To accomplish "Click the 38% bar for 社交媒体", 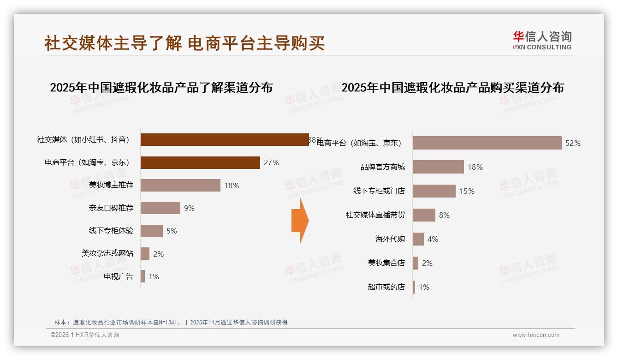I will pos(225,140).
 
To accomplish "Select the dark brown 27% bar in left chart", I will pos(200,162).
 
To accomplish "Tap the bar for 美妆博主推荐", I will pos(180,186).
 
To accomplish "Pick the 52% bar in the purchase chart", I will pos(487,143).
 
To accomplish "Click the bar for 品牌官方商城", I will pos(438,167).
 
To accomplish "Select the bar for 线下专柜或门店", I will pos(434,191).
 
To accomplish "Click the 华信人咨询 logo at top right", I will pos(542,40).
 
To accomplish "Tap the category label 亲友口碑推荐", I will pos(111,208).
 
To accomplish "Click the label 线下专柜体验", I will pos(111,231).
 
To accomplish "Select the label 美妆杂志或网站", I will pos(107,253).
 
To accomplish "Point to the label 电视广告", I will pos(119,276).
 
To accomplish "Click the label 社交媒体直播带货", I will pos(375,215).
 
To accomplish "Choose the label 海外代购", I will pos(390,239).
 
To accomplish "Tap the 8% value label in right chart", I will pos(444,215).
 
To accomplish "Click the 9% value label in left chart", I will pos(189,208).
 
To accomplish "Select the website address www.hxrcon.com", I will pos(536,335).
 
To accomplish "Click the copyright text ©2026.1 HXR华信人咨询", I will pos(85,335).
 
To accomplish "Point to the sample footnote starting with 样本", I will pos(171,322).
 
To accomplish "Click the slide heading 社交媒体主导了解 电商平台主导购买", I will pos(184,43).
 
